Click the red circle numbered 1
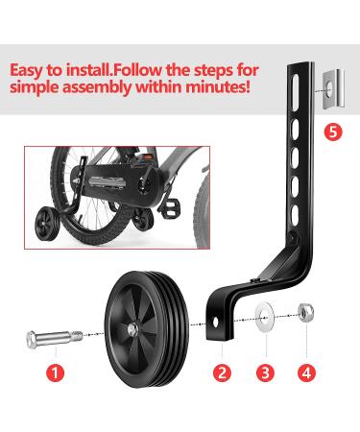[55, 372]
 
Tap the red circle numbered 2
[222, 372]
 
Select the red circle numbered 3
[265, 372]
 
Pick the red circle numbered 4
[306, 372]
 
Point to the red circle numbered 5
[333, 132]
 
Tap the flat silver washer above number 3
[265, 317]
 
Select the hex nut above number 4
[306, 313]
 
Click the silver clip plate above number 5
[334, 88]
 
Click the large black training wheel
[147, 329]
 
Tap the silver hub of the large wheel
[132, 330]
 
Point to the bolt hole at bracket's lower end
[215, 323]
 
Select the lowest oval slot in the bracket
[294, 213]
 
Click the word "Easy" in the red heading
[26, 71]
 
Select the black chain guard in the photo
[117, 186]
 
